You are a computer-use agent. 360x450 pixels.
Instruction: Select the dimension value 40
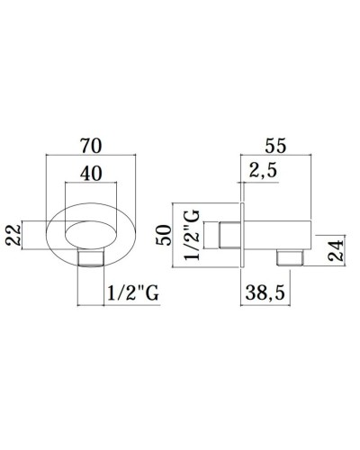[92, 175]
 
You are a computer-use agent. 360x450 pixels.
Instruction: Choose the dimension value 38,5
[275, 292]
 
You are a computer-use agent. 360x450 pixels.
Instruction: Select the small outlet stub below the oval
[92, 260]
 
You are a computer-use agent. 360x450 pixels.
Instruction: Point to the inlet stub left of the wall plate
[229, 236]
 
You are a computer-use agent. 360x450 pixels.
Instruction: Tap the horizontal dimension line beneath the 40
[92, 187]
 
